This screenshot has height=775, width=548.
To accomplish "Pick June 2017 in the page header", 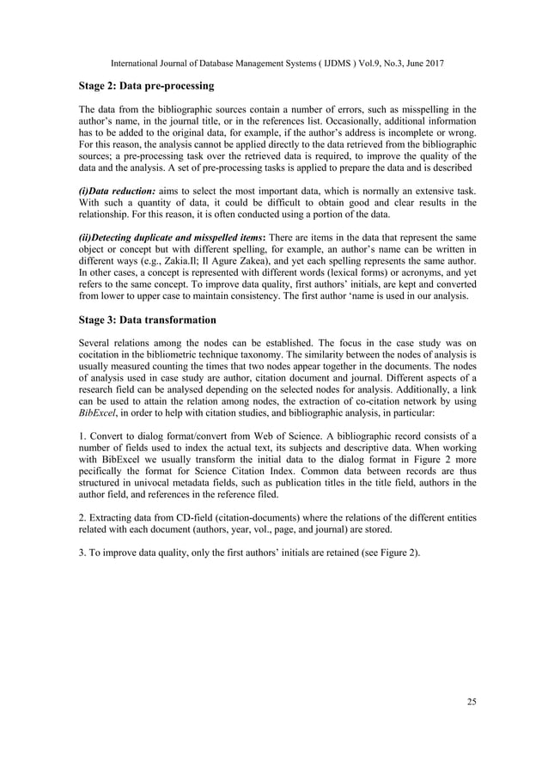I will (x=441, y=62).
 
